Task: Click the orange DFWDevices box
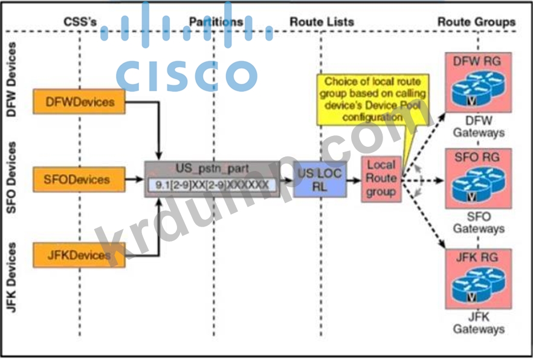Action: (x=79, y=101)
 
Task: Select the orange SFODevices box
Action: (x=79, y=179)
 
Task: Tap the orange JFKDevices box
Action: (x=79, y=255)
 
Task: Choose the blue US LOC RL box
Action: (x=320, y=179)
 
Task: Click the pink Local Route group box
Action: (x=381, y=179)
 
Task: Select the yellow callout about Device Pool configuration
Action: (x=372, y=99)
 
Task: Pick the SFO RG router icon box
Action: (x=479, y=178)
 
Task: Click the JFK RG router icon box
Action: (x=479, y=278)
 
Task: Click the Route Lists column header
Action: (x=321, y=22)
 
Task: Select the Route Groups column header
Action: (x=477, y=22)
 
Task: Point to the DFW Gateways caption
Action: (x=479, y=126)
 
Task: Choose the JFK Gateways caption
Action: (x=479, y=323)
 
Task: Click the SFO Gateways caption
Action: (x=479, y=223)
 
